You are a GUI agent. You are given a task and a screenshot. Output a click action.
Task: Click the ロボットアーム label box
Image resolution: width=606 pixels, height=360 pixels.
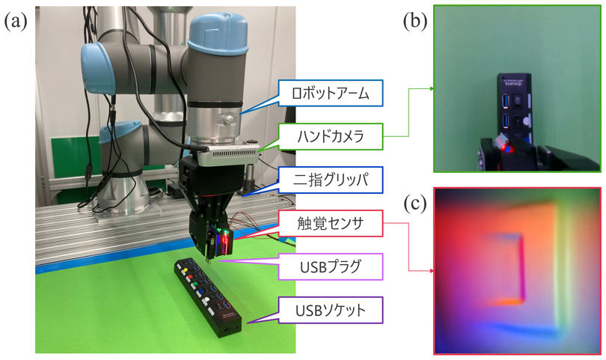click(x=331, y=94)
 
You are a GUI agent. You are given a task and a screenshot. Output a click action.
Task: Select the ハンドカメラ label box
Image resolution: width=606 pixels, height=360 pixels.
click(x=331, y=136)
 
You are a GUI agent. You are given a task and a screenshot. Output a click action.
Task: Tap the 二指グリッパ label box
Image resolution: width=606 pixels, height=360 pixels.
click(x=331, y=180)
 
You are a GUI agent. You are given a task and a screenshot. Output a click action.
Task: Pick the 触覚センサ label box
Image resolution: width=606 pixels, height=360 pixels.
click(x=331, y=223)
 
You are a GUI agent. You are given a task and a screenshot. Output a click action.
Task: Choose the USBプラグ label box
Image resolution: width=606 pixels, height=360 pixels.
click(x=331, y=266)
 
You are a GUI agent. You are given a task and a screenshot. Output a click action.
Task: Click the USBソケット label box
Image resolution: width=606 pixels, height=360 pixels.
click(x=331, y=310)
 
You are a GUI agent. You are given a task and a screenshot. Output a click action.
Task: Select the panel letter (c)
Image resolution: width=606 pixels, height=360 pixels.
click(x=415, y=204)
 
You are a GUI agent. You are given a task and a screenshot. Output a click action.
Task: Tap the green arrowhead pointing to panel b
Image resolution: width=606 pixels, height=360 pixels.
click(x=431, y=88)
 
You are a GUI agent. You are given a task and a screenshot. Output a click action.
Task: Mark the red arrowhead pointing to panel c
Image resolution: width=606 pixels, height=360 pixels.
click(x=431, y=271)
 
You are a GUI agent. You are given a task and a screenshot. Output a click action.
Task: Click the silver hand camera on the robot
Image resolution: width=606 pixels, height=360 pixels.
click(x=227, y=155)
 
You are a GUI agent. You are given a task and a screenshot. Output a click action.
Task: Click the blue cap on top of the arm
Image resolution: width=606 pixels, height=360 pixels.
click(x=218, y=33)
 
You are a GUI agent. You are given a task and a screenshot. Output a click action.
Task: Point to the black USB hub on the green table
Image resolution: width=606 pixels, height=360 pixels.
click(x=207, y=296)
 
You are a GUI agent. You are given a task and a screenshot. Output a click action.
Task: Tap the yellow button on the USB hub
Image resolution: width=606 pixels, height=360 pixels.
click(x=186, y=269)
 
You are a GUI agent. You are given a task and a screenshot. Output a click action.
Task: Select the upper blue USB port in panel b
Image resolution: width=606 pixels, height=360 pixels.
click(x=506, y=102)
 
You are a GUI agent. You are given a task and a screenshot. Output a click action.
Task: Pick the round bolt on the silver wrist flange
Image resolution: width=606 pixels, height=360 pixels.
click(x=229, y=119)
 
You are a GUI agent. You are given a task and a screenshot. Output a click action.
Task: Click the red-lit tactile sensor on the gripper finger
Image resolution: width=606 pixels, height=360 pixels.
click(x=224, y=242)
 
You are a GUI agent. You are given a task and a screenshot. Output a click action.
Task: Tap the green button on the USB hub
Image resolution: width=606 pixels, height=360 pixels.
click(x=195, y=284)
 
